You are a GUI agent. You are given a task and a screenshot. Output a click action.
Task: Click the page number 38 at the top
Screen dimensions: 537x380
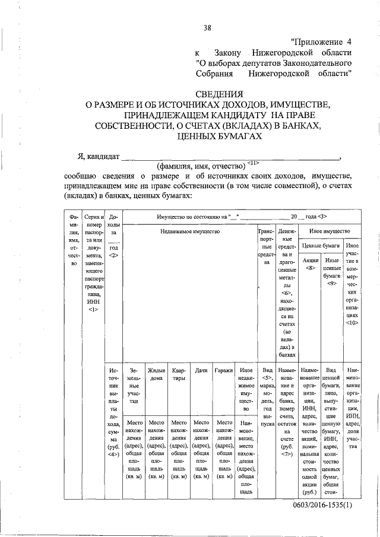[207, 27]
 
